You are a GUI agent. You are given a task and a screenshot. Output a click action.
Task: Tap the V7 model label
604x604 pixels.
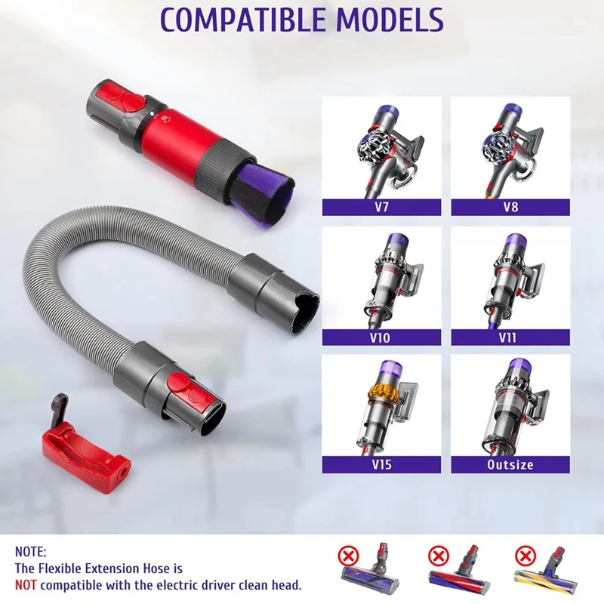coord(381,208)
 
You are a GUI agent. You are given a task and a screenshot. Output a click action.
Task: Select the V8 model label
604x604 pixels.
coord(510,208)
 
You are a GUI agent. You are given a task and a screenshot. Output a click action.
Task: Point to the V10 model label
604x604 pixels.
coord(381,337)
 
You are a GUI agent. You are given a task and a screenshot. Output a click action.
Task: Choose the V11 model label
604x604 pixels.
coord(510,337)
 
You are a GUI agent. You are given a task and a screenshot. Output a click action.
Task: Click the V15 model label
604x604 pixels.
coord(381,465)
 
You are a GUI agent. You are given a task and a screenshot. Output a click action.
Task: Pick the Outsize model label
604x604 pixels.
coord(510,465)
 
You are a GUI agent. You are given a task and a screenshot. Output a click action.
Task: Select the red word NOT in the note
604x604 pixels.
coord(26,584)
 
